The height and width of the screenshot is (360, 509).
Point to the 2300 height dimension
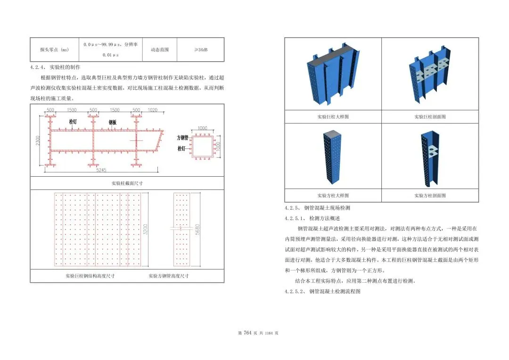[38, 140]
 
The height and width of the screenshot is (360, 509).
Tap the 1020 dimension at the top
[152, 110]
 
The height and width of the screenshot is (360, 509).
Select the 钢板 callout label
[112, 123]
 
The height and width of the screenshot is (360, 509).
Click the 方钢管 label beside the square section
[182, 138]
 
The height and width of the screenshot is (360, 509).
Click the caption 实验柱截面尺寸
[127, 183]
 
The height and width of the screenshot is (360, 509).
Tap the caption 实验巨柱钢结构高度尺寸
[90, 276]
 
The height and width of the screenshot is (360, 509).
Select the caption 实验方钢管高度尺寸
[168, 276]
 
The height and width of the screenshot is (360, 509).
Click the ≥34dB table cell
[200, 49]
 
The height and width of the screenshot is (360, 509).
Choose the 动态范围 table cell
[159, 49]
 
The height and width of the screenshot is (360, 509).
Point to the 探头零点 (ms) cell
[51, 49]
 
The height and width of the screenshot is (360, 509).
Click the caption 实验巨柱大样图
[333, 116]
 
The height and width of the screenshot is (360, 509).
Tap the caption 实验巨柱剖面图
[430, 116]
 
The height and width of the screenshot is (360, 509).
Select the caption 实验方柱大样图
[333, 195]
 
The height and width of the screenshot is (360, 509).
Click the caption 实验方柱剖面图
[430, 195]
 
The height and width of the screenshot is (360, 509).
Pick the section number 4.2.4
[37, 67]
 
